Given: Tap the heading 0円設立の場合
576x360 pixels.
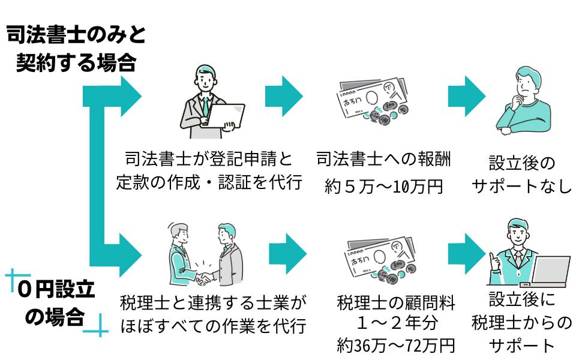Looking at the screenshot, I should [x=56, y=303].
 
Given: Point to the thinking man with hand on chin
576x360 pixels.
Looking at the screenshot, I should [x=522, y=99].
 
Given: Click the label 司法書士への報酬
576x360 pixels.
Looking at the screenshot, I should [x=383, y=160].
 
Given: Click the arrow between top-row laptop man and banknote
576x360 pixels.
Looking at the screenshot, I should [x=284, y=95].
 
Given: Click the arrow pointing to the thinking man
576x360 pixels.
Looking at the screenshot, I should [x=467, y=95].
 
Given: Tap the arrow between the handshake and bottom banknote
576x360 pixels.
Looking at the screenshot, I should [x=288, y=251].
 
